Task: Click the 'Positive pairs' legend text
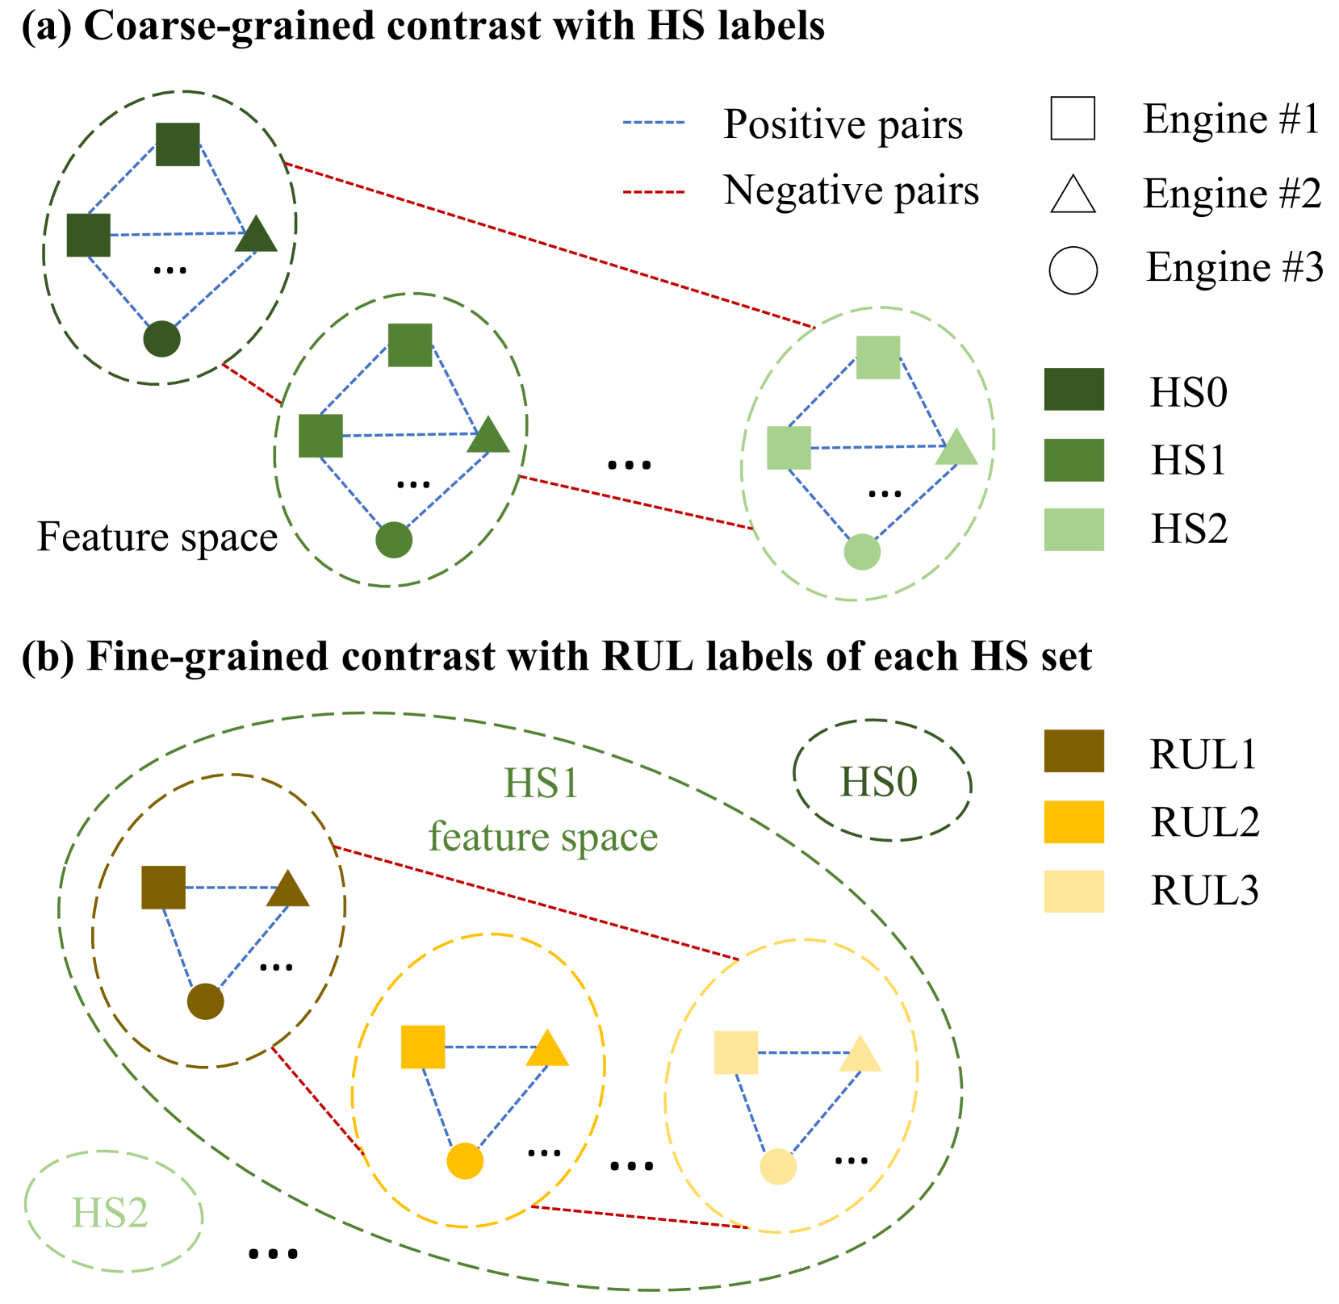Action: click(x=842, y=124)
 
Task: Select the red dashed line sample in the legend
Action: click(x=653, y=192)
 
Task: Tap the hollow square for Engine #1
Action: click(x=1073, y=119)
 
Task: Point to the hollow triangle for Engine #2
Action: click(x=1073, y=196)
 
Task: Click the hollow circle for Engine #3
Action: click(x=1073, y=270)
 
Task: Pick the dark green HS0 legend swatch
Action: click(x=1073, y=390)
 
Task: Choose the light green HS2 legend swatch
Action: click(x=1073, y=529)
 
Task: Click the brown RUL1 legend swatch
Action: click(x=1073, y=751)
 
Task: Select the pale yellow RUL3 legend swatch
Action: click(x=1073, y=891)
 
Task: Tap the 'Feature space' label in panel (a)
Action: click(x=157, y=537)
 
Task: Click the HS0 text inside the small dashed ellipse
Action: click(x=879, y=782)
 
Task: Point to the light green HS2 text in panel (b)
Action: click(x=110, y=1213)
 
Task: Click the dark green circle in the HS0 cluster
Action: click(x=161, y=339)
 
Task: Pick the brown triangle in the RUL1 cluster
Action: click(x=288, y=890)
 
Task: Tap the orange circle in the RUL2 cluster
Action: click(x=465, y=1161)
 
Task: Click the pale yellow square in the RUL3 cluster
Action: click(x=736, y=1052)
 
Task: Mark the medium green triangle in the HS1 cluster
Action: click(x=488, y=436)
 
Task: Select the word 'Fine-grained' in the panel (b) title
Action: click(x=210, y=656)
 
